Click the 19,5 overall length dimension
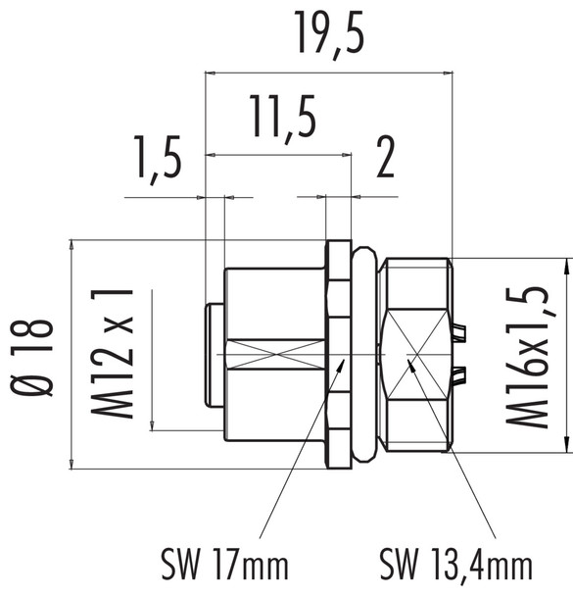328,35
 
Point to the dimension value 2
385,160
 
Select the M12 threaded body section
274,354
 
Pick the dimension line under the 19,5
328,72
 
